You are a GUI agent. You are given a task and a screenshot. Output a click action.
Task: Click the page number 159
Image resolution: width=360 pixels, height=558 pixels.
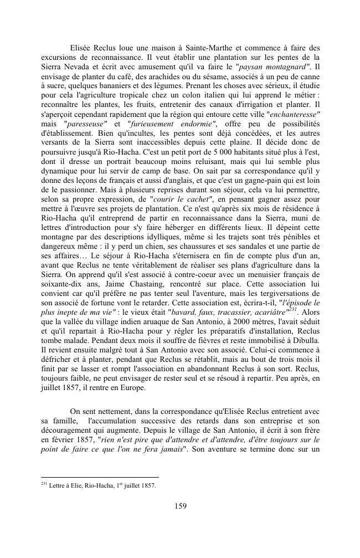click(180, 505)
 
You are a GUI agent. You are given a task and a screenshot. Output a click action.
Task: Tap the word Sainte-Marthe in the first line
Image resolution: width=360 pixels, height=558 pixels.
click(199, 47)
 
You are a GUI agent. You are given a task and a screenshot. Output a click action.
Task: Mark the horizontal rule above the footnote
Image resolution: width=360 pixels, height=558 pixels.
click(100, 477)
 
